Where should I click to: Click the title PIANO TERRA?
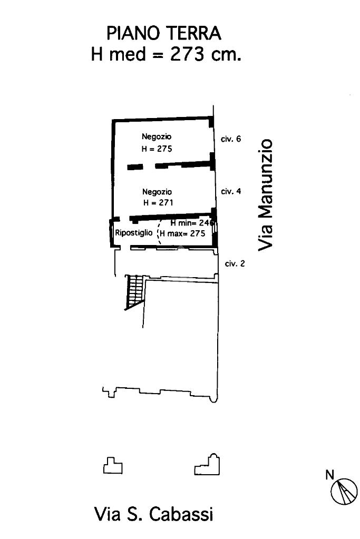pyautogui.click(x=164, y=33)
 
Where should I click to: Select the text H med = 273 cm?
pyautogui.click(x=166, y=54)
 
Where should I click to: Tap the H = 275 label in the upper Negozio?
pyautogui.click(x=157, y=149)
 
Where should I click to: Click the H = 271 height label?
pyautogui.click(x=158, y=202)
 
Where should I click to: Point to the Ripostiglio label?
pyautogui.click(x=134, y=232)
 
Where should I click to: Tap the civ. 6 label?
pyautogui.click(x=230, y=139)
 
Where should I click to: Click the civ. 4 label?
pyautogui.click(x=231, y=191)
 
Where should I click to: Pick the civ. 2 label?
pyautogui.click(x=235, y=264)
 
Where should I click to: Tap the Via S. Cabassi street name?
pyautogui.click(x=153, y=514)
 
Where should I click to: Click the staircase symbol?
pyautogui.click(x=134, y=291)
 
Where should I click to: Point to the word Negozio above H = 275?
pyautogui.click(x=157, y=137)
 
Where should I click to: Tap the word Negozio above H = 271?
pyautogui.click(x=157, y=192)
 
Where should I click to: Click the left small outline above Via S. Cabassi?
pyautogui.click(x=113, y=466)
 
